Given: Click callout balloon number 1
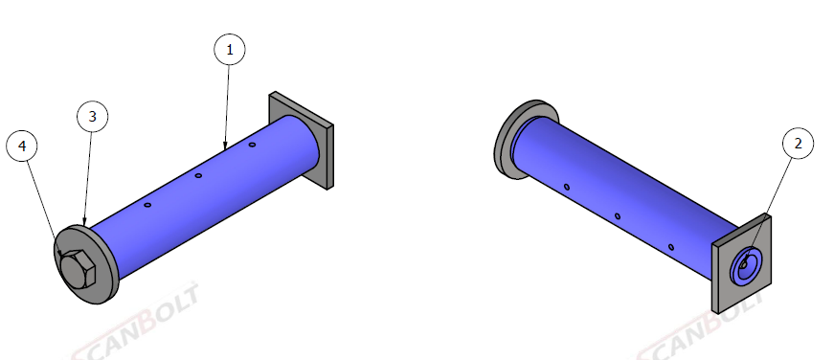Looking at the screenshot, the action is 230,50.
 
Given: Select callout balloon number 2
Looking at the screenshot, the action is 798,143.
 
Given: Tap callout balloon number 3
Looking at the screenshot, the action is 93,117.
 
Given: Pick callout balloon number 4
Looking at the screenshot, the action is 22,146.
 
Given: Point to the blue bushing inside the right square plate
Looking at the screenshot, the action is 746,265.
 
